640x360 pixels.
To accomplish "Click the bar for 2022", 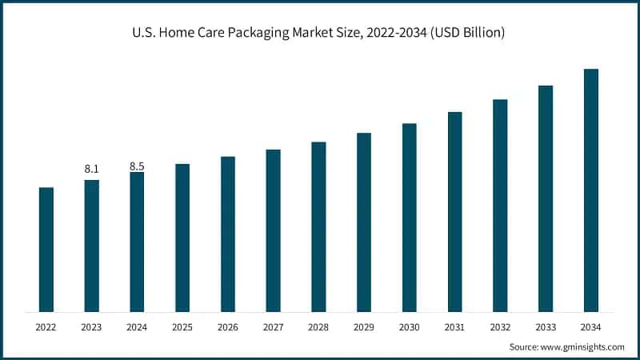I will coord(46,250).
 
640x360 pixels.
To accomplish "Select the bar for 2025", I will coord(182,238).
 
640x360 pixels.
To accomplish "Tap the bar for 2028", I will coord(318,226).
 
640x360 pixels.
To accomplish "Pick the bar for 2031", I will coord(455,212).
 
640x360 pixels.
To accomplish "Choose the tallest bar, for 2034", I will coord(591,190).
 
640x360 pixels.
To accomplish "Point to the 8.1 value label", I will coord(91,169).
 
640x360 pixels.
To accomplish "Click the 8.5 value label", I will coord(137,166).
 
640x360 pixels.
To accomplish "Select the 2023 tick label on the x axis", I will coord(91,326).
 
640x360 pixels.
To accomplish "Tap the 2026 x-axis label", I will coord(228,326).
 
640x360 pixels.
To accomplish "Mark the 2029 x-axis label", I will coord(364,326).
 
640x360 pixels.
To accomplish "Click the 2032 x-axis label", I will coord(500,326).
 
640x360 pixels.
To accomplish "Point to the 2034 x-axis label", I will coord(591,326).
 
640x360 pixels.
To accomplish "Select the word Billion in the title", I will coord(477,34).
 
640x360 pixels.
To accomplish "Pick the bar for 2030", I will coord(410,218).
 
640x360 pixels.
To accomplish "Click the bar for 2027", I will coord(274,230).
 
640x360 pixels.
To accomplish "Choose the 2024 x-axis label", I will coord(137,326).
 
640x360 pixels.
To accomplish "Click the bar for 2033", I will coord(546,198).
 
